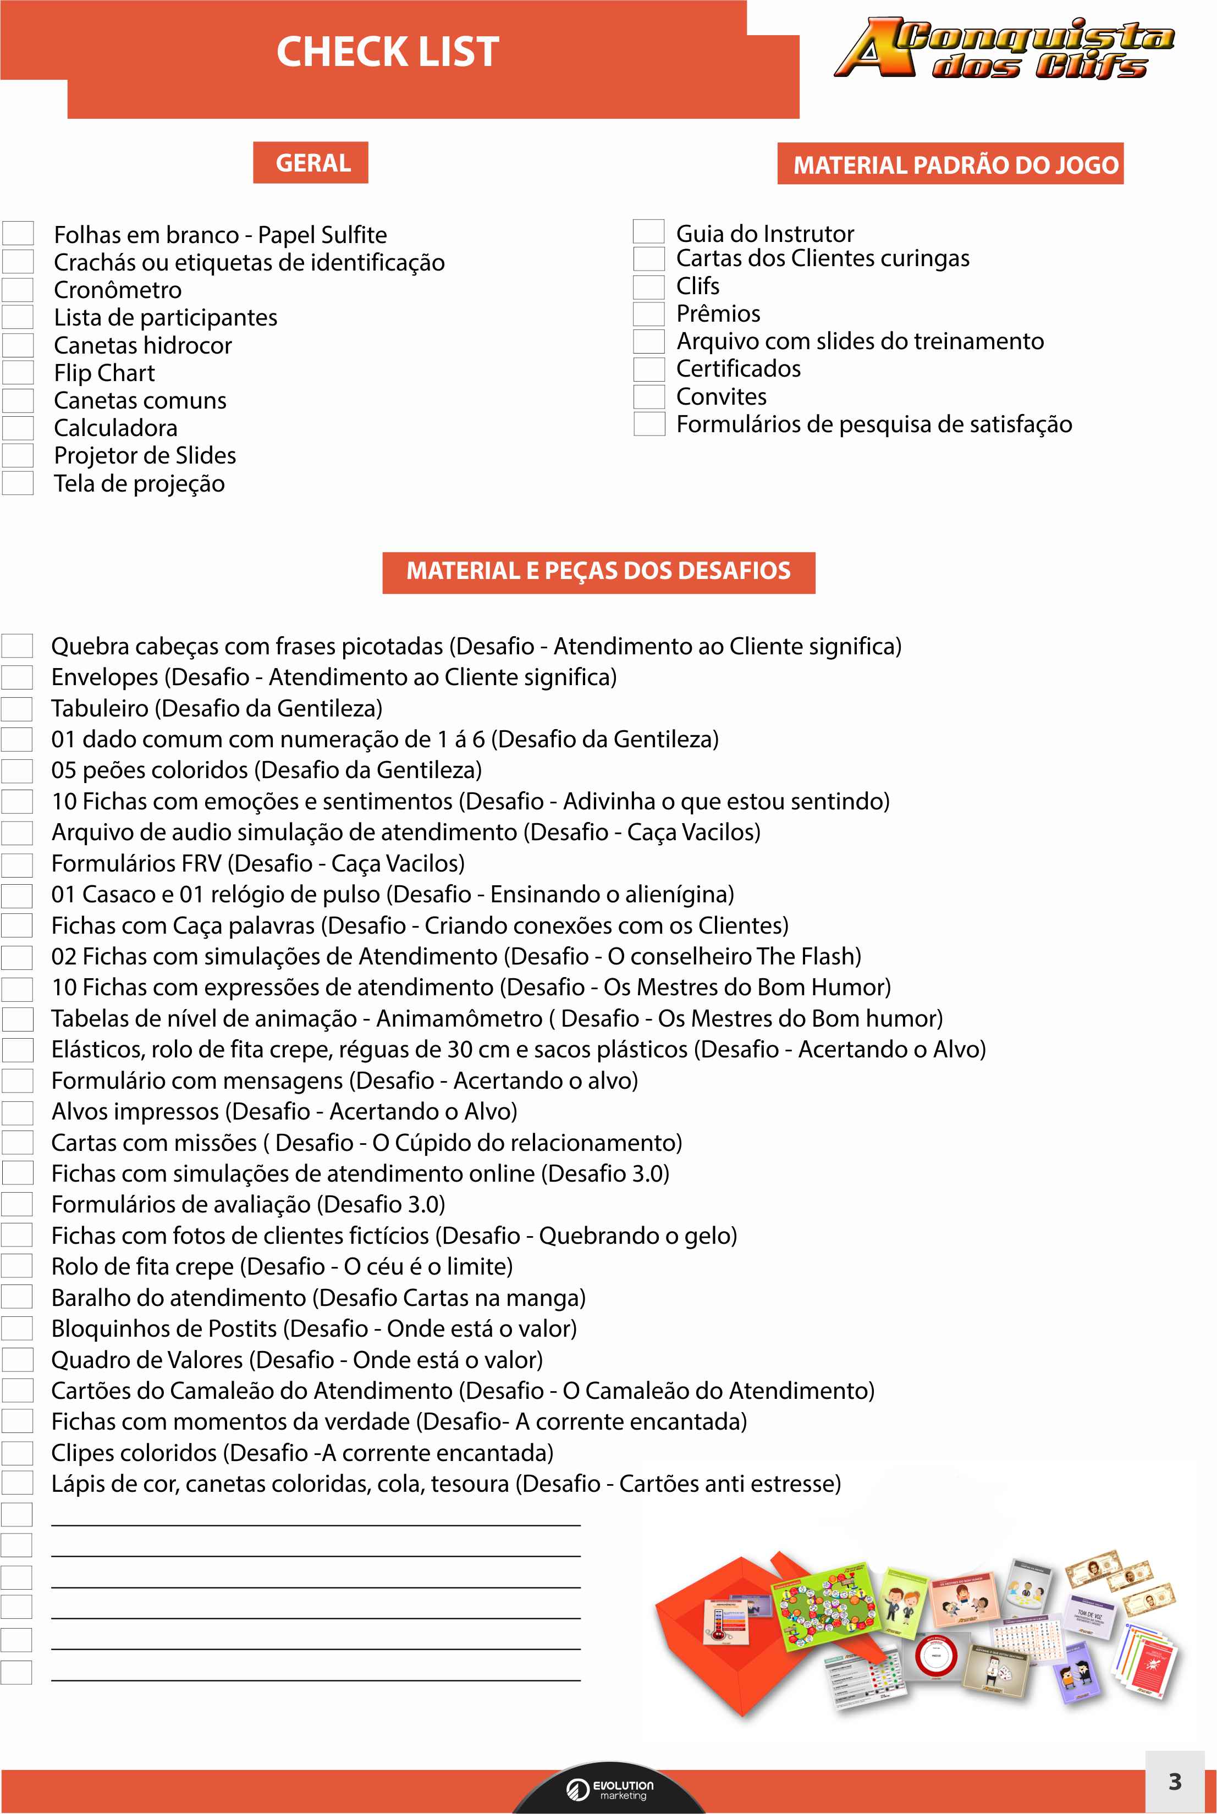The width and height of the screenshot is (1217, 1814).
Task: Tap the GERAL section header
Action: click(x=313, y=163)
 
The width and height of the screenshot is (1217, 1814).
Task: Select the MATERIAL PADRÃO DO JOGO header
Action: click(x=955, y=164)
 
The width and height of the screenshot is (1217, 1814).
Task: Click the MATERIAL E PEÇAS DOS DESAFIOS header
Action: click(x=598, y=571)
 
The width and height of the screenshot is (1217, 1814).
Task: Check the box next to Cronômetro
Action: click(x=18, y=289)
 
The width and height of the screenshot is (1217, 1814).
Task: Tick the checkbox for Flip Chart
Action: click(x=18, y=372)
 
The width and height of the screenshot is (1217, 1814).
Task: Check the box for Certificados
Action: click(x=649, y=370)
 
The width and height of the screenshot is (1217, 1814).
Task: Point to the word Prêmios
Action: click(x=718, y=313)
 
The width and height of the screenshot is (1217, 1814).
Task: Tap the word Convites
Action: click(x=721, y=396)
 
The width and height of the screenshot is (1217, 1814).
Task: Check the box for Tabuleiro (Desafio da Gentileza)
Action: click(x=17, y=708)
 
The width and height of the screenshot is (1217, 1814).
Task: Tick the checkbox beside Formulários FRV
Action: click(x=17, y=863)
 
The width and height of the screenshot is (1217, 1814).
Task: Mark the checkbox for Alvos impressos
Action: click(x=17, y=1112)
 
